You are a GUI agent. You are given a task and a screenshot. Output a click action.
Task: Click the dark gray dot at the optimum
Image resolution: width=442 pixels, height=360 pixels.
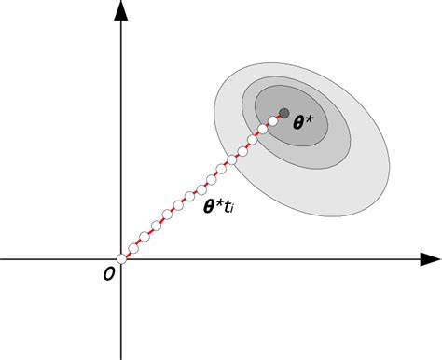tap(283, 114)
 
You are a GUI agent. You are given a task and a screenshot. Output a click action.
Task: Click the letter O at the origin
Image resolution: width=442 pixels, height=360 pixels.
tap(109, 272)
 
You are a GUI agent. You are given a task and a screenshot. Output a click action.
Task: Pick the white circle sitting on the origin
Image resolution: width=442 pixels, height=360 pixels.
tap(121, 258)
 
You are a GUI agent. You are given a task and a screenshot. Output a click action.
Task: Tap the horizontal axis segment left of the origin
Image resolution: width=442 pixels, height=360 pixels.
tap(56, 258)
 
